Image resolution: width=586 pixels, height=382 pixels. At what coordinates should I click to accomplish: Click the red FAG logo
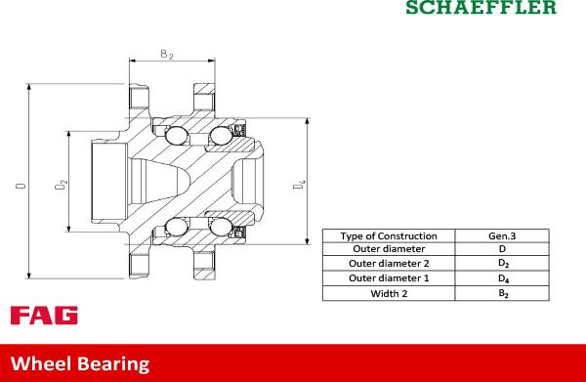coord(44,315)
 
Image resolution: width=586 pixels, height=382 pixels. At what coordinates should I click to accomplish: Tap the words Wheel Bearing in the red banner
coord(79,363)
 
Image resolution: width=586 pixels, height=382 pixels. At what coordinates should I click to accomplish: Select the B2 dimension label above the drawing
coord(167,56)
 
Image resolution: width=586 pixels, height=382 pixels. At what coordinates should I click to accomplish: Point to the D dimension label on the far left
coord(21,183)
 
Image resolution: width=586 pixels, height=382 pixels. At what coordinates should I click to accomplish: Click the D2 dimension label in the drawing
coord(62,183)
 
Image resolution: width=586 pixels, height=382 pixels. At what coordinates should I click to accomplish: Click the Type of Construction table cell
coord(389,236)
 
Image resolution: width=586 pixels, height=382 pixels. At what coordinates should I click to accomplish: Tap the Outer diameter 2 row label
coord(389,264)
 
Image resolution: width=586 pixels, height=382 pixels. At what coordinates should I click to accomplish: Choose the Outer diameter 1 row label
coord(389,278)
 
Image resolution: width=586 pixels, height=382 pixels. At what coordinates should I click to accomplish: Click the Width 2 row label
coord(389,292)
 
